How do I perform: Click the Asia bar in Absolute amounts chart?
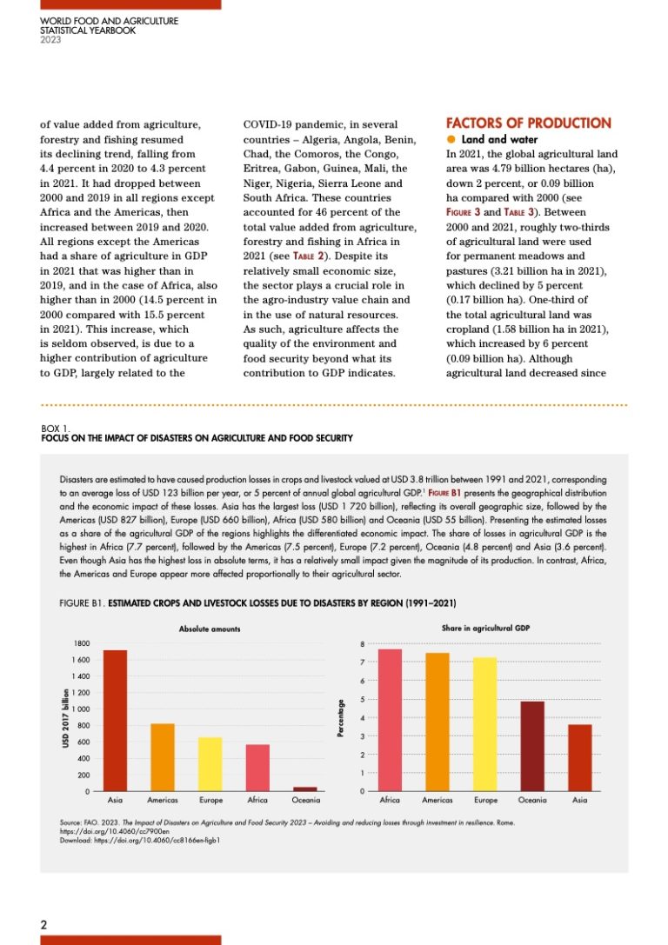[x=115, y=721]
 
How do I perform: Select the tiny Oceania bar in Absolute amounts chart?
[x=304, y=789]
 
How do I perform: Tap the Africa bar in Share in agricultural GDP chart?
[x=390, y=720]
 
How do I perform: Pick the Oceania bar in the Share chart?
[x=532, y=746]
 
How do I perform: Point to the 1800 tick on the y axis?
[x=81, y=643]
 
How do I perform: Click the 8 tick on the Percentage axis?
[x=363, y=644]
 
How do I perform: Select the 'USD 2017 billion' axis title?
[x=64, y=716]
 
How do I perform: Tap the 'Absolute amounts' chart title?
[x=210, y=628]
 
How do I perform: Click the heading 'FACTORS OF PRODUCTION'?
[x=528, y=123]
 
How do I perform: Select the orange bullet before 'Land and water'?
[x=451, y=140]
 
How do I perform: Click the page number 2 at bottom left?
[x=44, y=925]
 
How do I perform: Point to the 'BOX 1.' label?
[x=56, y=429]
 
